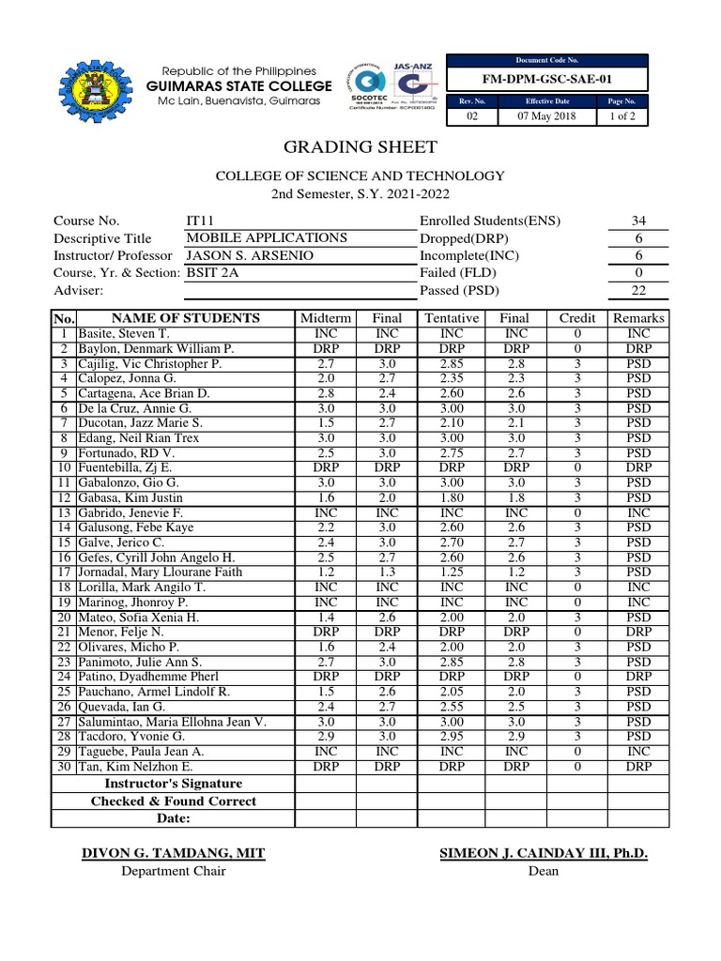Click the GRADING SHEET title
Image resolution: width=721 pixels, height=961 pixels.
pyautogui.click(x=360, y=146)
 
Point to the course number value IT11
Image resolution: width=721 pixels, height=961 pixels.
pyautogui.click(x=202, y=221)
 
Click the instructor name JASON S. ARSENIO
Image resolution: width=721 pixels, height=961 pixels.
pyautogui.click(x=249, y=255)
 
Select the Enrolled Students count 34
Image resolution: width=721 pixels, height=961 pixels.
pyautogui.click(x=638, y=221)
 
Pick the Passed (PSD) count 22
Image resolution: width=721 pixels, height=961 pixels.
pyautogui.click(x=638, y=290)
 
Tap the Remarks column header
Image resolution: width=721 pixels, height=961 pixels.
pyautogui.click(x=638, y=317)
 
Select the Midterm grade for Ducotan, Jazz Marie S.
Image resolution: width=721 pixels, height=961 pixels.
pyautogui.click(x=325, y=422)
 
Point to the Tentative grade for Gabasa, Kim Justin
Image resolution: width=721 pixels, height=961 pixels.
pyautogui.click(x=452, y=497)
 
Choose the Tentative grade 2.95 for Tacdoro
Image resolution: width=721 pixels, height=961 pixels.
pyautogui.click(x=452, y=737)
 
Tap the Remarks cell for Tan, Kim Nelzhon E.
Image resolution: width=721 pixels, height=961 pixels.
pyautogui.click(x=638, y=767)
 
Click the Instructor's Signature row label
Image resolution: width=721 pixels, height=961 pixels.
pyautogui.click(x=173, y=784)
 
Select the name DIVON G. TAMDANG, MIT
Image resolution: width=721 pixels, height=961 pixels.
pyautogui.click(x=174, y=852)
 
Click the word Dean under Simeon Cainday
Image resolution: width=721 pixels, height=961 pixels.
pyautogui.click(x=544, y=871)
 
